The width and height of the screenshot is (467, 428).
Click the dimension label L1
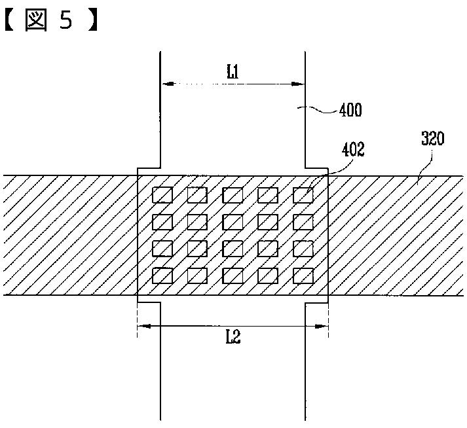(233, 73)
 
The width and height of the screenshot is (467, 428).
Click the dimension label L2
(233, 337)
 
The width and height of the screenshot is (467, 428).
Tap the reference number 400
(350, 111)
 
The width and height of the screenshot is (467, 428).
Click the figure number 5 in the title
(67, 21)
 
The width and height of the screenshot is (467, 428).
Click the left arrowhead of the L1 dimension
(166, 84)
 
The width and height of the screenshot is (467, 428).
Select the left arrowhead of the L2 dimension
(141, 325)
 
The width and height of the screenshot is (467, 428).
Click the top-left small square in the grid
(162, 195)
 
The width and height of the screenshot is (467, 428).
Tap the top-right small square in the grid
(303, 195)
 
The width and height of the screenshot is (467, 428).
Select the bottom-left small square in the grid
(162, 276)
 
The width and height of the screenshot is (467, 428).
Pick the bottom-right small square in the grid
(303, 276)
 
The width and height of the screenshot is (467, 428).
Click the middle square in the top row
(233, 195)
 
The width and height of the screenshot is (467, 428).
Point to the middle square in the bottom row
(233, 276)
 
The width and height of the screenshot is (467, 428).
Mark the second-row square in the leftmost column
(162, 222)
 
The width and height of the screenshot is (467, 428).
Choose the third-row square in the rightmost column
(303, 249)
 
